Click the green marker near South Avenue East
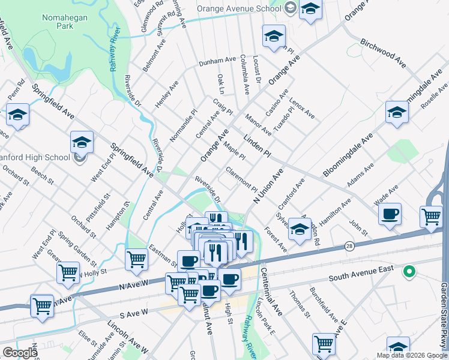click(409, 272)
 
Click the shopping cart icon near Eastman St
click(137, 259)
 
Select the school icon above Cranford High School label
click(82, 142)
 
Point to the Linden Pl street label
click(258, 146)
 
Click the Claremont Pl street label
click(241, 178)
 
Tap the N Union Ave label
click(268, 186)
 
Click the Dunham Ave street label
click(218, 61)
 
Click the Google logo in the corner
click(20, 353)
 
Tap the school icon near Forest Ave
click(300, 229)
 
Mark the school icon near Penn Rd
click(18, 114)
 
